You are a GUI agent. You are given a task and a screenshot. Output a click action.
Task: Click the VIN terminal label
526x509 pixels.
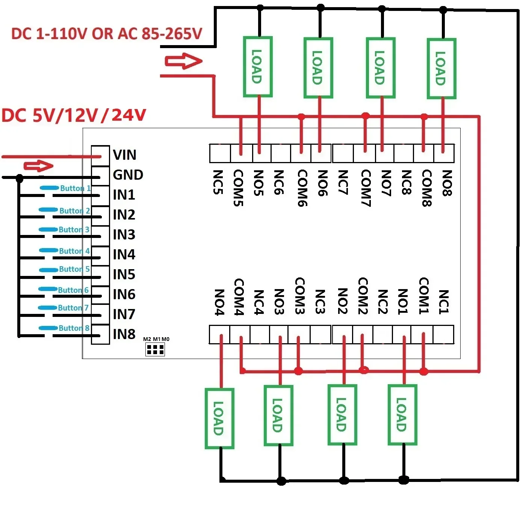[x=124, y=155]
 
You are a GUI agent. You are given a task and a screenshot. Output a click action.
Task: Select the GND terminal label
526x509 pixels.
[x=128, y=175]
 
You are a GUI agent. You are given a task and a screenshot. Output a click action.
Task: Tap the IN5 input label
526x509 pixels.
[x=124, y=274]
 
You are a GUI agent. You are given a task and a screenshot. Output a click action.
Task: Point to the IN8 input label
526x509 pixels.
[x=124, y=334]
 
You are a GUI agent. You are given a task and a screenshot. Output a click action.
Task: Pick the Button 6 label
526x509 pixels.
[x=73, y=290]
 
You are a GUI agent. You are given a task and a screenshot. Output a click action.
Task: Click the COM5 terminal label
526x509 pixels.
[x=239, y=188]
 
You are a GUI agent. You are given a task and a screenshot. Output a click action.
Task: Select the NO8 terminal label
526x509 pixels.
[x=447, y=183]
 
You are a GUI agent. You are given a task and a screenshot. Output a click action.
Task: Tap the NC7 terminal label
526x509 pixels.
[x=343, y=183]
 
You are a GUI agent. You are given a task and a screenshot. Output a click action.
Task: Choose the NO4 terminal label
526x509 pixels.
[x=219, y=302]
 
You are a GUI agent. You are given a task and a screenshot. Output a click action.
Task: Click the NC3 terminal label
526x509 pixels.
[x=320, y=301]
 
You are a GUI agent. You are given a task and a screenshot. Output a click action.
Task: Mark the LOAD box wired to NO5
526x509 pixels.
[x=257, y=67]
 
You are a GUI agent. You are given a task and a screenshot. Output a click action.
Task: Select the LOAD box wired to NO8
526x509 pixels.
[x=441, y=68]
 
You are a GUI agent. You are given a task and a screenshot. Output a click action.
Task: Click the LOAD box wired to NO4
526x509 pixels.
[x=219, y=418]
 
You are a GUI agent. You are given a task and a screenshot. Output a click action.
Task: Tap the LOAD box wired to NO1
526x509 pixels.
[x=402, y=415]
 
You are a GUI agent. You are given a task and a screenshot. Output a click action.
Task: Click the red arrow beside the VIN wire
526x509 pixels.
[x=39, y=166]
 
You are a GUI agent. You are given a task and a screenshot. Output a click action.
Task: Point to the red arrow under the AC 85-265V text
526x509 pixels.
[x=183, y=61]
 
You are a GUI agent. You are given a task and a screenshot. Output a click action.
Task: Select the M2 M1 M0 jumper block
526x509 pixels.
[x=155, y=349]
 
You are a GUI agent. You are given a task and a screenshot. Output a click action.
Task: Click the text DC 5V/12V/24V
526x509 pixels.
[x=74, y=115]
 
